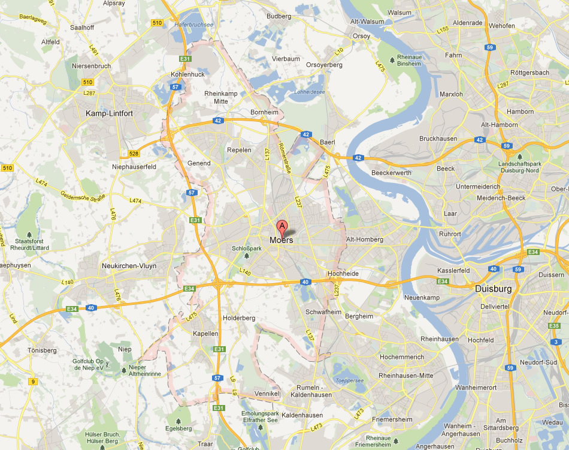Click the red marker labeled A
coord(282,227)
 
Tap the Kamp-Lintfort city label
coord(109,113)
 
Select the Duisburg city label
coord(493,289)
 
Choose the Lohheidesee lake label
coord(310,92)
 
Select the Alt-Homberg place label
coord(365,239)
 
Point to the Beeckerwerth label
coord(391,172)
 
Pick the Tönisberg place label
coord(41,350)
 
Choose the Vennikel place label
coord(267,394)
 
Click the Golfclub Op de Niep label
coord(89,365)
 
